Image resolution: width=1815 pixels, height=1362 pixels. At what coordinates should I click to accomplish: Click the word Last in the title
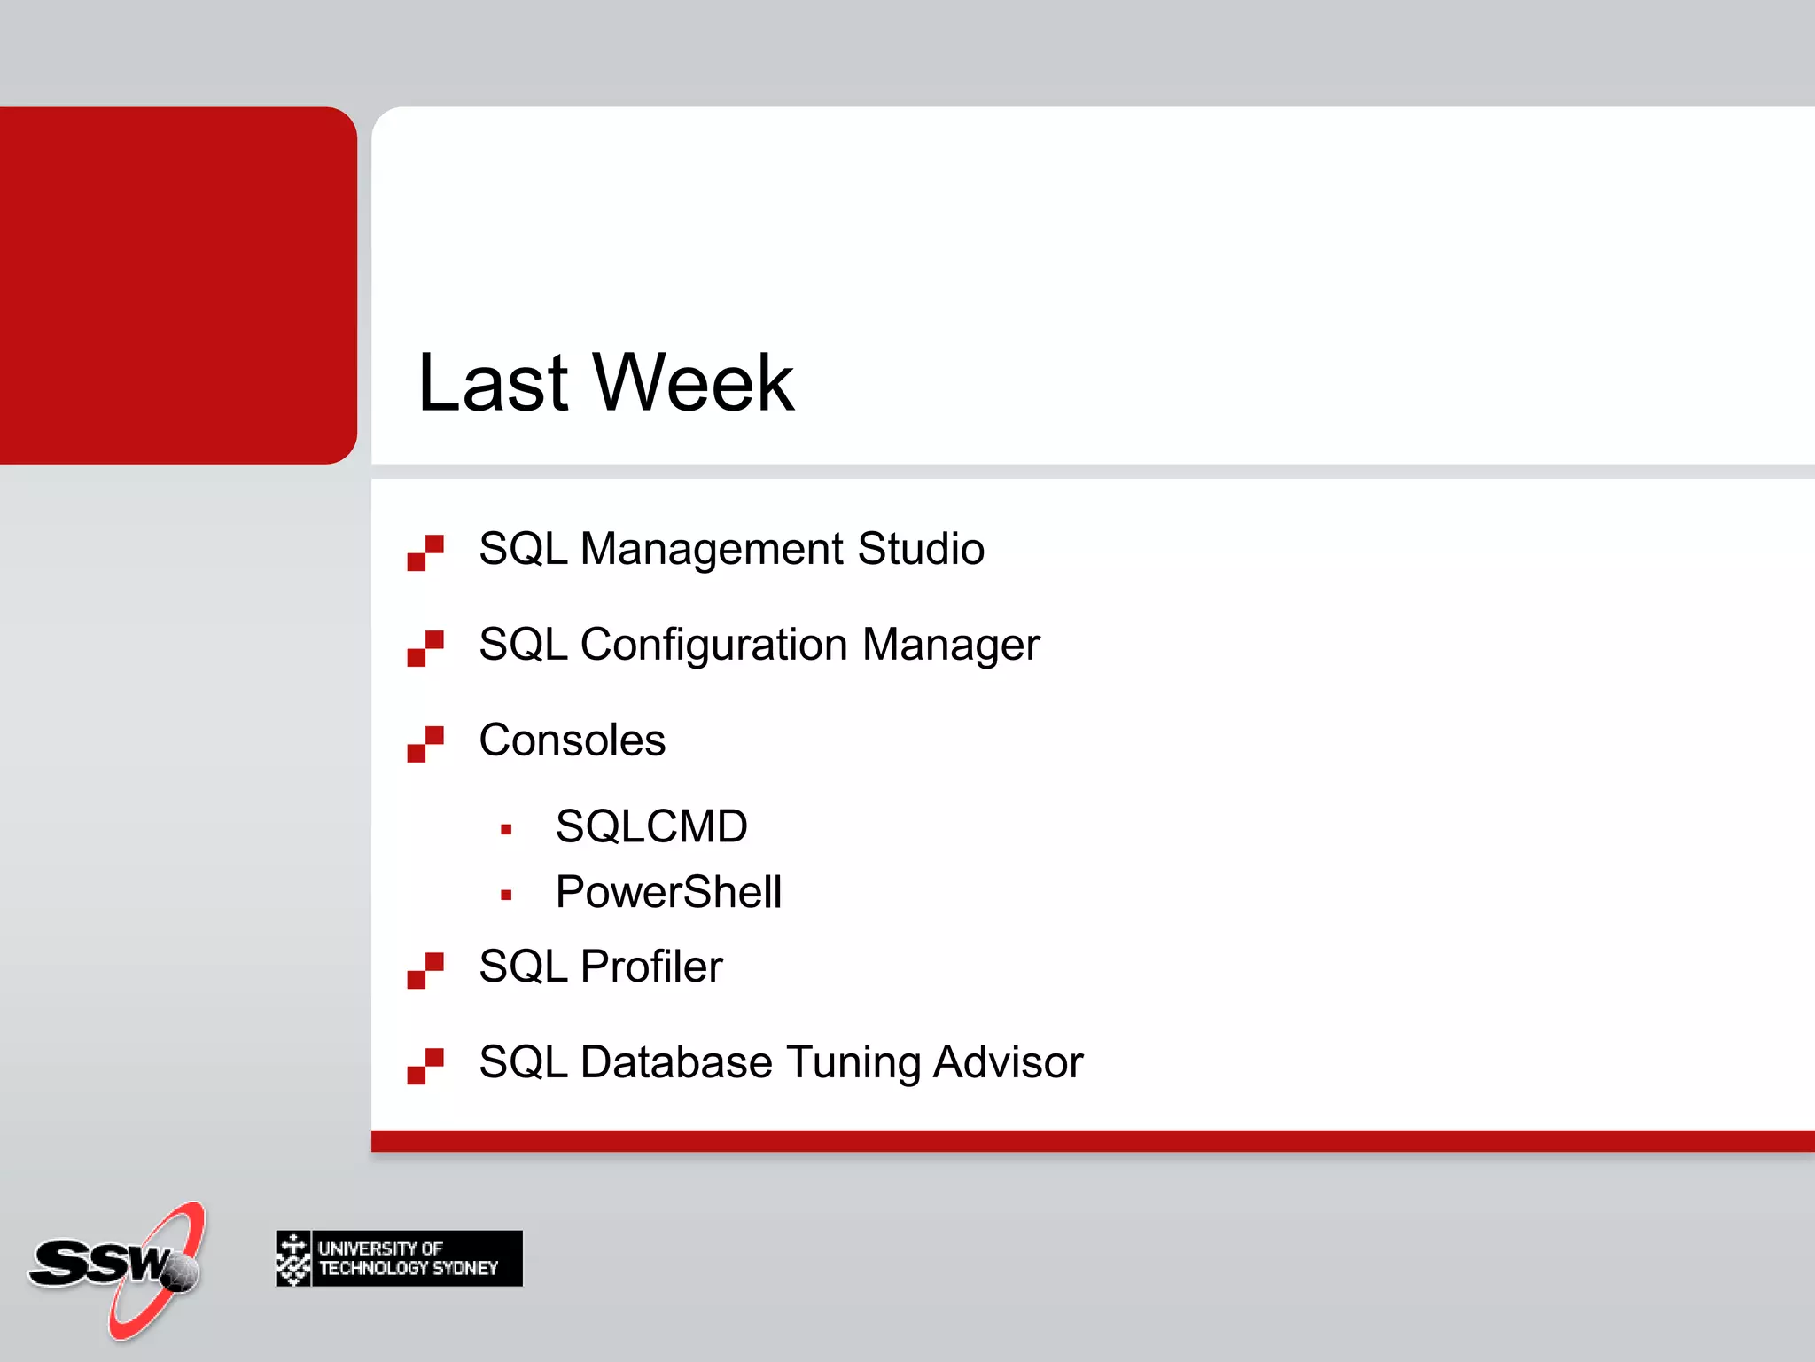point(493,383)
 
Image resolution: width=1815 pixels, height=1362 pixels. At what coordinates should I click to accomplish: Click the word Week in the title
point(693,383)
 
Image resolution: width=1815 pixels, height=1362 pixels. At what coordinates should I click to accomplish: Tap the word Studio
point(921,548)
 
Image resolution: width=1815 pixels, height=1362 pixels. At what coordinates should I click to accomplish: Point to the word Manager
point(951,646)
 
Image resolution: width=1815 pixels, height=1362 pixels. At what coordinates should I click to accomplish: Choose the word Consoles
point(572,740)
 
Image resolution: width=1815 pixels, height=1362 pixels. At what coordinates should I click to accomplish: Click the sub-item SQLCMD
point(651,826)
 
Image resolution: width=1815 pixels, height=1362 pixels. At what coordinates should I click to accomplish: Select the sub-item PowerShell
point(668,892)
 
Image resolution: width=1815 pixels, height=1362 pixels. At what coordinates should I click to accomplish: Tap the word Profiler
point(651,967)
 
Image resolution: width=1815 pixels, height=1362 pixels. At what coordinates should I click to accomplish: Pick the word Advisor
point(1008,1062)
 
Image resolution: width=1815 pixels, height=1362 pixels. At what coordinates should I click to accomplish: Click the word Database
point(676,1062)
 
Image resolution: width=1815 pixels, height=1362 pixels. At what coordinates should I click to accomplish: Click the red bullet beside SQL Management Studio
point(425,552)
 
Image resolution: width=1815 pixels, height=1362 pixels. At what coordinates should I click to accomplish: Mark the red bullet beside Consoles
point(425,744)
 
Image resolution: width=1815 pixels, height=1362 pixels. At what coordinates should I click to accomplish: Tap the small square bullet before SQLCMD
point(506,830)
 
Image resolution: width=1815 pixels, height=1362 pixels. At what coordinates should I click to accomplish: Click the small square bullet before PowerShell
point(506,896)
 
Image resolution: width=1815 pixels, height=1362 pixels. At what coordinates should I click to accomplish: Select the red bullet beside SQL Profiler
point(425,970)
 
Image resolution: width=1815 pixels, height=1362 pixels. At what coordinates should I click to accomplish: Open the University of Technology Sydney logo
point(399,1258)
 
